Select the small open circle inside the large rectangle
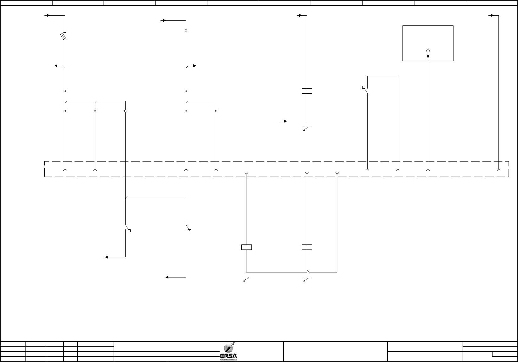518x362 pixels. [x=428, y=51]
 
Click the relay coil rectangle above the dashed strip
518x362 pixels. [x=307, y=91]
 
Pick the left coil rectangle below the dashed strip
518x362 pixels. [x=246, y=247]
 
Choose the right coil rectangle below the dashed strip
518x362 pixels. [x=307, y=247]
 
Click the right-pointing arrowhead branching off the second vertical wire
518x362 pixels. [x=194, y=66]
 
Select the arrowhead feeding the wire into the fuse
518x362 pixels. [x=48, y=15]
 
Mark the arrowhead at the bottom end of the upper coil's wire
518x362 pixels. [x=285, y=121]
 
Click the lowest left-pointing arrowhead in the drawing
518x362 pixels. [x=167, y=277]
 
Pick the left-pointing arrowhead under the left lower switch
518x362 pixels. [x=107, y=257]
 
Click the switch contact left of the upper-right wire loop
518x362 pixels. [x=365, y=90]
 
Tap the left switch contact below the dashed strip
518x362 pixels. [x=127, y=227]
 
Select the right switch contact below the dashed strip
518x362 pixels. [x=188, y=227]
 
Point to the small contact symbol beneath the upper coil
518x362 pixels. [x=307, y=129]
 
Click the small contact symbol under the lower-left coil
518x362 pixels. [x=246, y=279]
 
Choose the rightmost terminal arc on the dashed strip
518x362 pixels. [x=498, y=170]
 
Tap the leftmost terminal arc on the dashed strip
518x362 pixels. [x=65, y=170]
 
